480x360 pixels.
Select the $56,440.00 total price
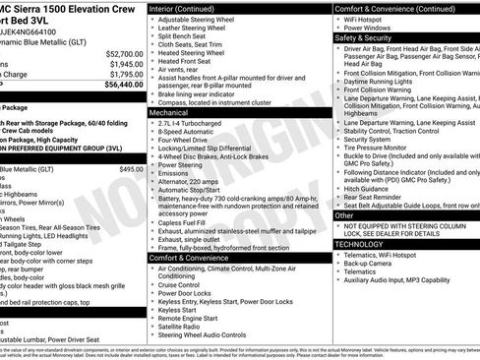tap(123, 85)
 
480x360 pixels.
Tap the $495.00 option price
tap(131, 169)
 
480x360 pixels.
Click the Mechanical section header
tap(170, 113)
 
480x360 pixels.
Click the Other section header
tap(344, 214)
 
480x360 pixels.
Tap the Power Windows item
tap(372, 26)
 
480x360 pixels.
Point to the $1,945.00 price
tap(125, 64)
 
